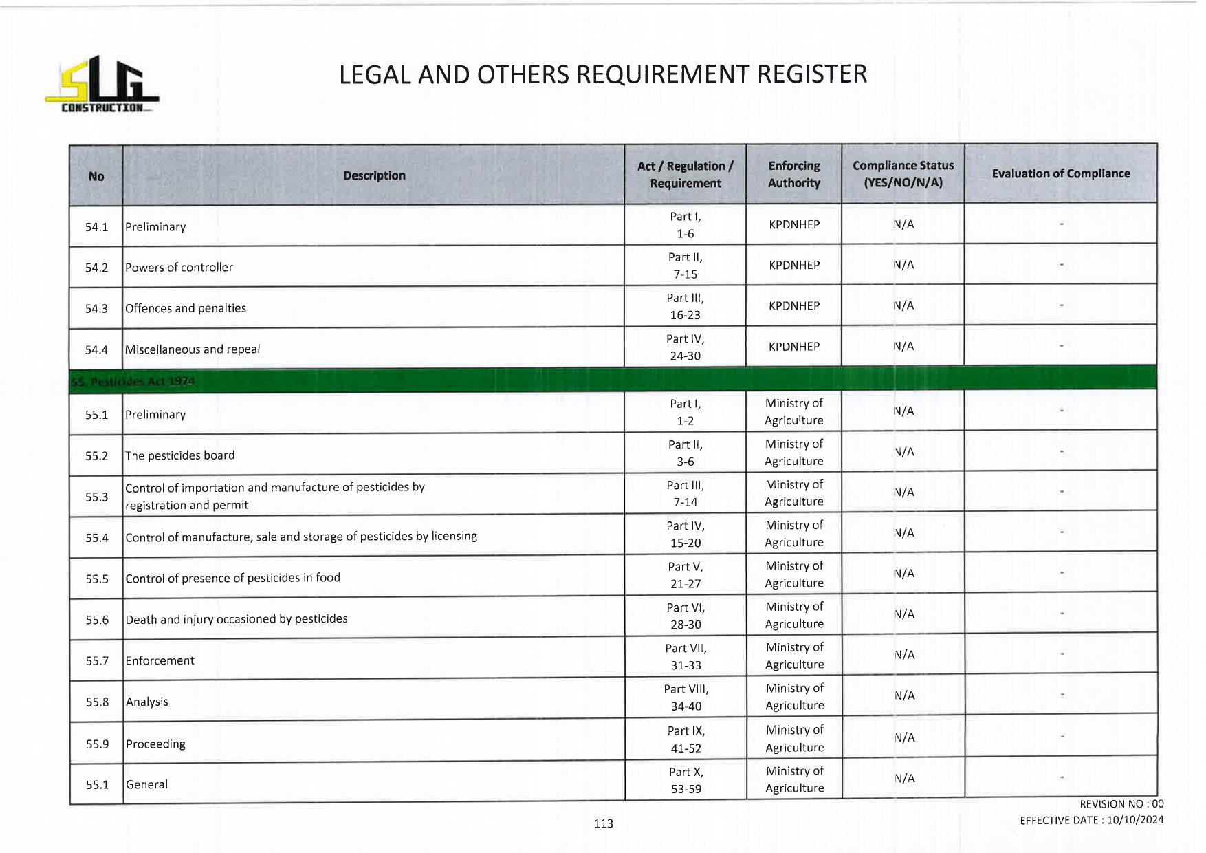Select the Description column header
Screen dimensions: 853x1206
click(374, 175)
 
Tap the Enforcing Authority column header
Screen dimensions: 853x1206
click(794, 174)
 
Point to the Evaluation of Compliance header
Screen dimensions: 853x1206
click(1060, 173)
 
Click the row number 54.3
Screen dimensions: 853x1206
click(96, 309)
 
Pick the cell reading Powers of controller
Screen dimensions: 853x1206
click(179, 268)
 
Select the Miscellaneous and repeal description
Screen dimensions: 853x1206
click(193, 349)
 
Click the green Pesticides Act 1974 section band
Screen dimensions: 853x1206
click(612, 380)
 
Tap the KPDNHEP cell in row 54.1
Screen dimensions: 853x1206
click(794, 225)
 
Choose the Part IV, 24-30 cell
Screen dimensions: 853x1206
click(685, 347)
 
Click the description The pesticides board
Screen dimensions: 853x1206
click(179, 455)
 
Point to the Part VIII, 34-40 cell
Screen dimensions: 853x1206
click(686, 698)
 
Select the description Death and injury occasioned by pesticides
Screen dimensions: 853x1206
click(237, 619)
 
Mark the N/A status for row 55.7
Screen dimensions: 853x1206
click(904, 655)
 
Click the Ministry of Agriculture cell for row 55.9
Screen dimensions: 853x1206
click(795, 739)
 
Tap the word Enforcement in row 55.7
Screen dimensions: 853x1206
click(160, 660)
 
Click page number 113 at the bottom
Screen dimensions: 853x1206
click(603, 823)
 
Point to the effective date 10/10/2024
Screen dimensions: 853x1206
click(1134, 820)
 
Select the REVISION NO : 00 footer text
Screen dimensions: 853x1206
click(1121, 804)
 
